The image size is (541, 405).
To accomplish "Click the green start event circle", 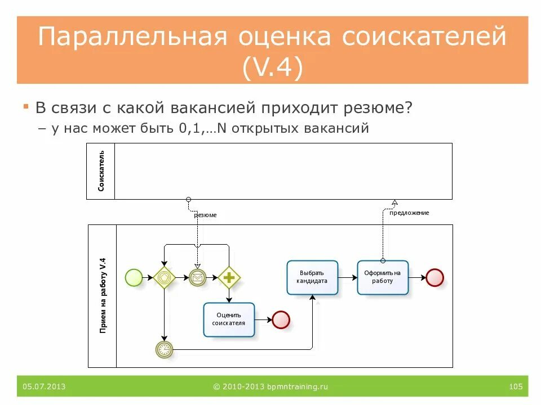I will (134, 277).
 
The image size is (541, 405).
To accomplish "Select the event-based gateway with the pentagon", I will (164, 277).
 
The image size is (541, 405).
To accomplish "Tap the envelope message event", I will (198, 277).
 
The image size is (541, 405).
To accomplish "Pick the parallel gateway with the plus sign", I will (229, 277).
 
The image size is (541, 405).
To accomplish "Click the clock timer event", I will (164, 349).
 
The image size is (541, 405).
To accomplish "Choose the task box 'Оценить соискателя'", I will (229, 319).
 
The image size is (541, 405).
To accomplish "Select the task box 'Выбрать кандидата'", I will (312, 277).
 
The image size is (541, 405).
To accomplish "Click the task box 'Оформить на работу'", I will (383, 277).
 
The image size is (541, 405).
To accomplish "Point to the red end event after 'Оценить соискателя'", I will (281, 319).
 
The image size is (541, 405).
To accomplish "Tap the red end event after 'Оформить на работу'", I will (435, 277).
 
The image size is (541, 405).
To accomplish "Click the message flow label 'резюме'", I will (205, 215).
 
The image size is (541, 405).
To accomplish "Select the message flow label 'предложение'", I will (409, 213).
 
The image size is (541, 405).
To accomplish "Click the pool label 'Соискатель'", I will (101, 171).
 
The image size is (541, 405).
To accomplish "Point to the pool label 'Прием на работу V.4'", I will (103, 296).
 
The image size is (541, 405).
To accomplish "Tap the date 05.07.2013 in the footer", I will (45, 386).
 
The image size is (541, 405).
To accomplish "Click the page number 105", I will (515, 386).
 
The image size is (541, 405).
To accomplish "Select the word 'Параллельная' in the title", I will (132, 37).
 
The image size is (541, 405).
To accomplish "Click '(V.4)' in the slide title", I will (272, 67).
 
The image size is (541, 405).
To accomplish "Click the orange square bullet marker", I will (26, 106).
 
